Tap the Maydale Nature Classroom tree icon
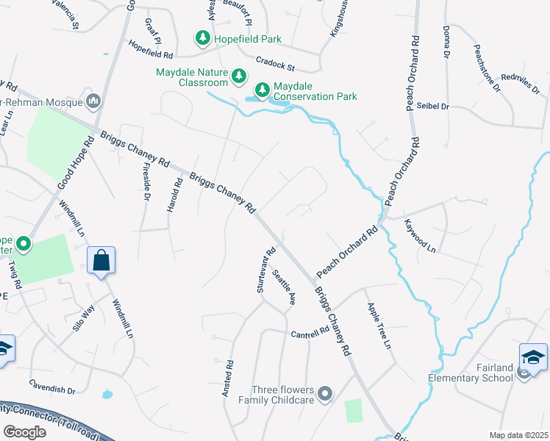pyautogui.click(x=238, y=76)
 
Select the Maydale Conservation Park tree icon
pyautogui.click(x=262, y=91)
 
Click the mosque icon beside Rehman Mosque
pyautogui.click(x=93, y=100)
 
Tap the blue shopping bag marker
pyautogui.click(x=101, y=260)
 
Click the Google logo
pyautogui.click(x=25, y=431)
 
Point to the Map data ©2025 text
pyautogui.click(x=518, y=435)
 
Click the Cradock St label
pyautogui.click(x=275, y=64)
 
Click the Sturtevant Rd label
pyautogui.click(x=265, y=270)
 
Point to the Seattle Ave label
pyautogui.click(x=284, y=287)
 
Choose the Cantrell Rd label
pyautogui.click(x=309, y=333)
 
